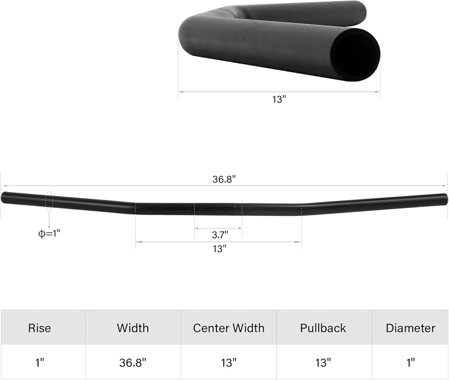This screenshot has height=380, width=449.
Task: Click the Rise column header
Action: point(40,328)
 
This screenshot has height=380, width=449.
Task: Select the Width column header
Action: point(133,328)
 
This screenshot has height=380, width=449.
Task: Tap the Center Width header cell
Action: point(229,328)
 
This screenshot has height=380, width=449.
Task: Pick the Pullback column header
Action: point(323,328)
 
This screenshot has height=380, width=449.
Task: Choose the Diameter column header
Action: point(410,328)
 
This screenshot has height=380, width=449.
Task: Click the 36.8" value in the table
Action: point(133,362)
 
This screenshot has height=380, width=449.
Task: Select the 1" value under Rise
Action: point(40,362)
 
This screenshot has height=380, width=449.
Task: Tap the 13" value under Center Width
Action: point(229,362)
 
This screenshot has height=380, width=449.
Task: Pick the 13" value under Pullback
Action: point(323,362)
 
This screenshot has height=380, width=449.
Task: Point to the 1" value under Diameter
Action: point(410,362)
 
